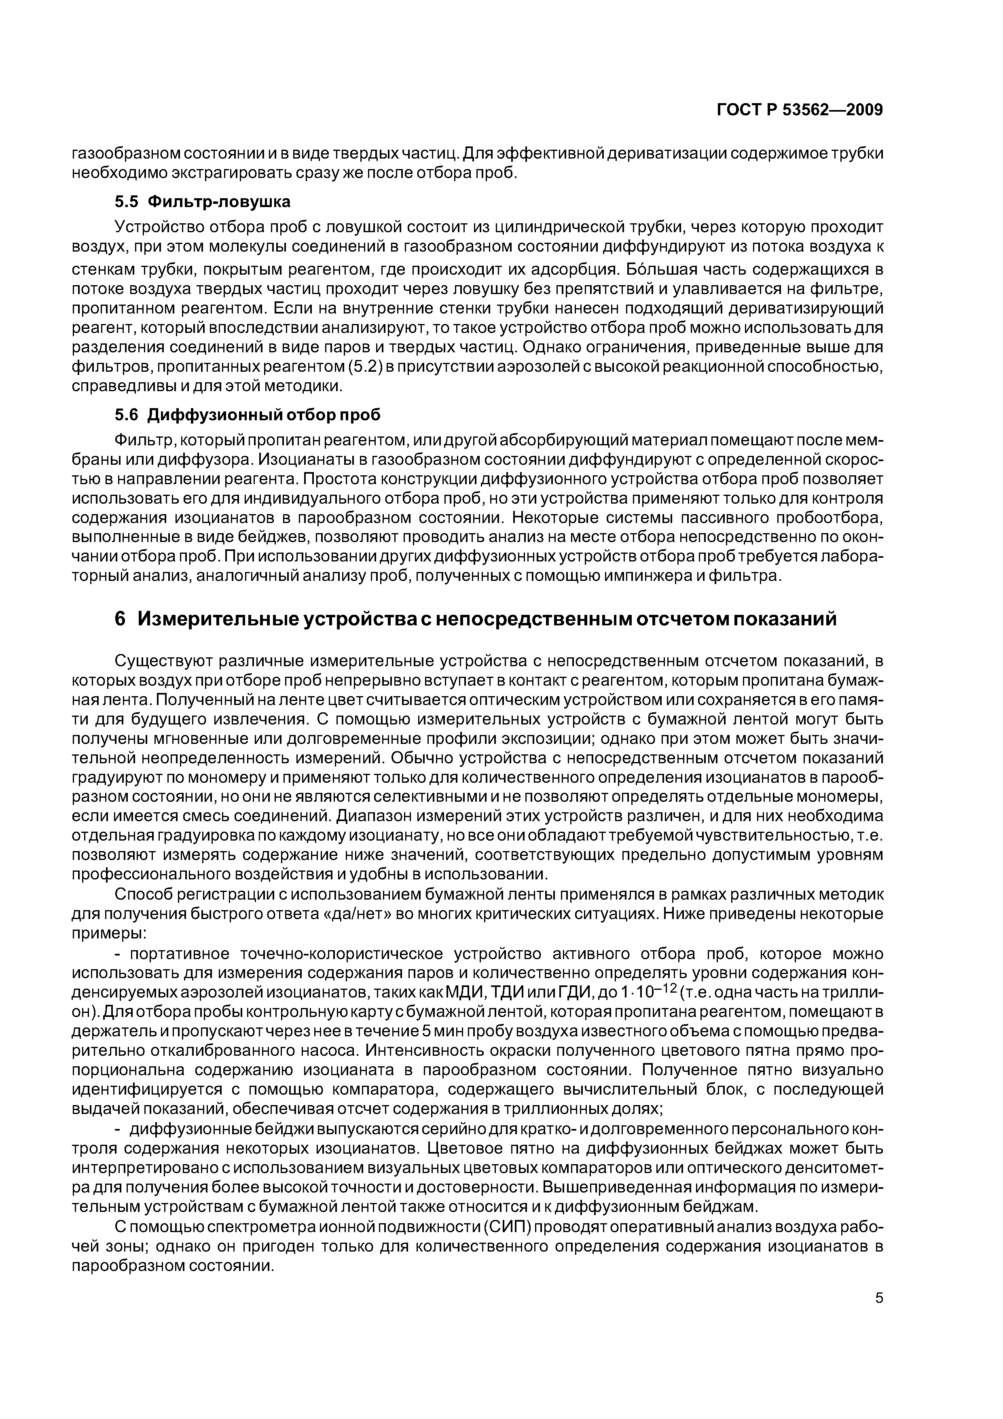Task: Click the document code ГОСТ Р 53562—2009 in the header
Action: pos(799,110)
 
